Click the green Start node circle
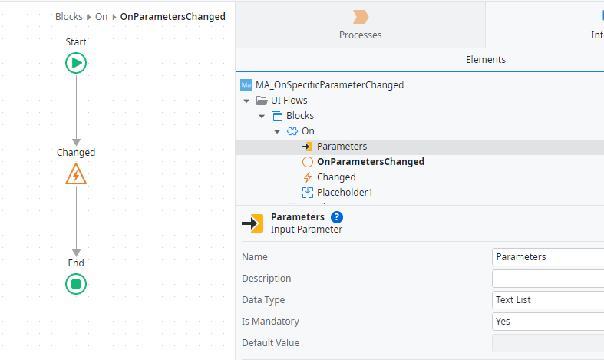(76, 63)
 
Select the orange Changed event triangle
(76, 174)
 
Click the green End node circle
(76, 284)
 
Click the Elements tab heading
(485, 60)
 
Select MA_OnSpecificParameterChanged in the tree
(329, 85)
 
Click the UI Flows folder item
(289, 101)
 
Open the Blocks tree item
(299, 116)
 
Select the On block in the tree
(308, 131)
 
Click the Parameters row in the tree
(342, 147)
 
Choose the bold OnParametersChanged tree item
(370, 162)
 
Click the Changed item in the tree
(336, 177)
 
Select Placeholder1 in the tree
(345, 193)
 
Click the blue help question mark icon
(337, 217)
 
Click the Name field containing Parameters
(546, 257)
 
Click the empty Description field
(546, 279)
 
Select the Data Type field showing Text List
(546, 300)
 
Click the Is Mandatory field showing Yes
(546, 322)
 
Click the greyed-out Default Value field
(546, 343)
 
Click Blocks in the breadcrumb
(69, 17)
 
